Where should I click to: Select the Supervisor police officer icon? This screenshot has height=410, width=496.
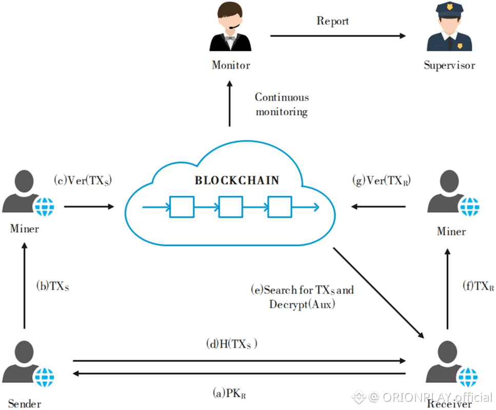pos(449,29)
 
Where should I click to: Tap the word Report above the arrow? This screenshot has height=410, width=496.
pos(332,21)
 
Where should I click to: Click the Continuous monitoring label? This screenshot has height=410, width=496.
pos(282,104)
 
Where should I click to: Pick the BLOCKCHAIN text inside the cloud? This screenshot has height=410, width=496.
pos(237,180)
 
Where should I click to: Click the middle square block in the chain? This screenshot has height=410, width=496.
pos(231,207)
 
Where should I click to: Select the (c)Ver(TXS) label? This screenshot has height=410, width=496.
pos(83,180)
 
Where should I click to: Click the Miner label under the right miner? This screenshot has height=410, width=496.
pos(451,231)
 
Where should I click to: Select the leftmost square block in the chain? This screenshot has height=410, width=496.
pos(182,207)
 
